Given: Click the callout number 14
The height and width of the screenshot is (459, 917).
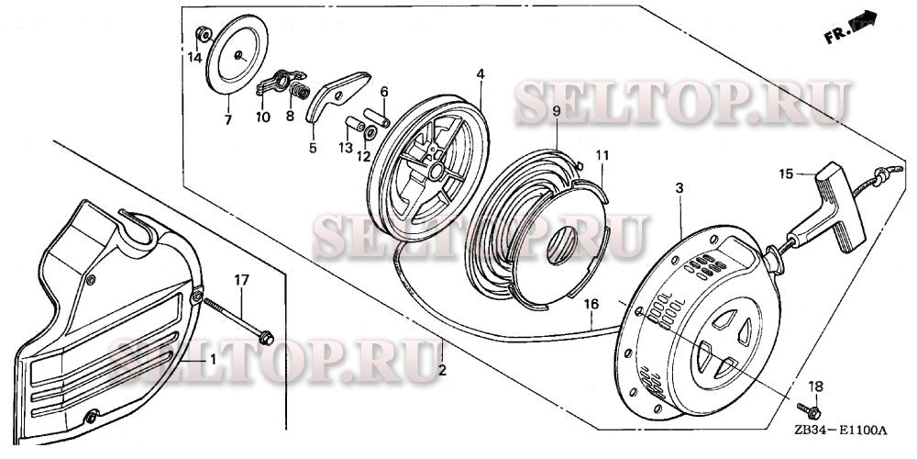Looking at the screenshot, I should click(194, 57).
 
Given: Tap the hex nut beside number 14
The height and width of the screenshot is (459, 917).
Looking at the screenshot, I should click(204, 36).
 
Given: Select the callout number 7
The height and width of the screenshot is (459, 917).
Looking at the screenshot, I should click(228, 119).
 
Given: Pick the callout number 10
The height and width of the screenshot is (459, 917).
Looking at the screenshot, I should click(263, 117).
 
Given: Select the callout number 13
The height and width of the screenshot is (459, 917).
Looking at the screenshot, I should click(344, 148).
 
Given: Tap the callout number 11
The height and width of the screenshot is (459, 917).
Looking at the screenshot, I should click(601, 156).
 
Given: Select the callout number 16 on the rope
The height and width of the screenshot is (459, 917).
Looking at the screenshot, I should click(591, 304).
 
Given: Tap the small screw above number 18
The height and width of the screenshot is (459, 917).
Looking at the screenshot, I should click(808, 409).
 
